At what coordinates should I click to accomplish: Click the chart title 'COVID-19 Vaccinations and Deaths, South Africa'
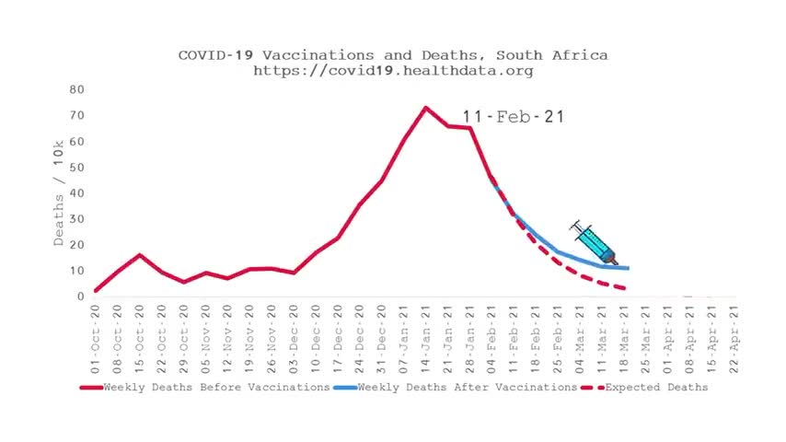click(393, 55)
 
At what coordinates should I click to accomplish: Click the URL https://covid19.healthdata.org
click(393, 70)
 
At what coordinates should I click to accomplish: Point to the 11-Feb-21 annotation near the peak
click(513, 117)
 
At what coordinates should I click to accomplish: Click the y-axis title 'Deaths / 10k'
click(59, 206)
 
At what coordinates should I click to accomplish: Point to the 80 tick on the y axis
click(76, 90)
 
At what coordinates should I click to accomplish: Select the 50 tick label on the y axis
click(76, 168)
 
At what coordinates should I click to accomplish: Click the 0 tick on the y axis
click(80, 297)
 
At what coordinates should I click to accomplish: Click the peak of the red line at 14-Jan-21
click(425, 108)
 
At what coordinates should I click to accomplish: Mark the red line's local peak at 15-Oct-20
click(139, 255)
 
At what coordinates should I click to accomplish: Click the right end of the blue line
click(628, 268)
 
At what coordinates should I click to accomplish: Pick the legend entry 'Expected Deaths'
click(656, 388)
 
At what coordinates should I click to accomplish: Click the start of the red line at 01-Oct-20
click(96, 291)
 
